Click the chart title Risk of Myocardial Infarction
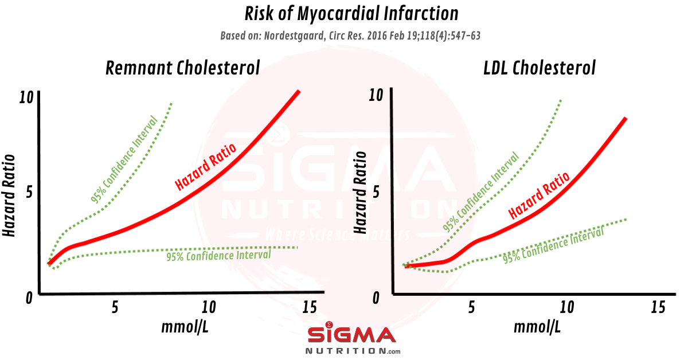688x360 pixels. tap(343, 14)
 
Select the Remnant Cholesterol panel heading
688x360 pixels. tap(183, 68)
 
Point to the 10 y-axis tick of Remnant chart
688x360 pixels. tap(26, 98)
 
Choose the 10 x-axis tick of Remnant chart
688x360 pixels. tap(209, 307)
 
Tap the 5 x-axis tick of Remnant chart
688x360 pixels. tap(115, 307)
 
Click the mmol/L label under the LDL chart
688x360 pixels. tap(537, 327)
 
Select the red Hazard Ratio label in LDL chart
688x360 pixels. tap(539, 195)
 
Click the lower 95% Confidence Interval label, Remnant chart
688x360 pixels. tap(219, 255)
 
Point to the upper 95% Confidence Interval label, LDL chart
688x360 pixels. tap(481, 191)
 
